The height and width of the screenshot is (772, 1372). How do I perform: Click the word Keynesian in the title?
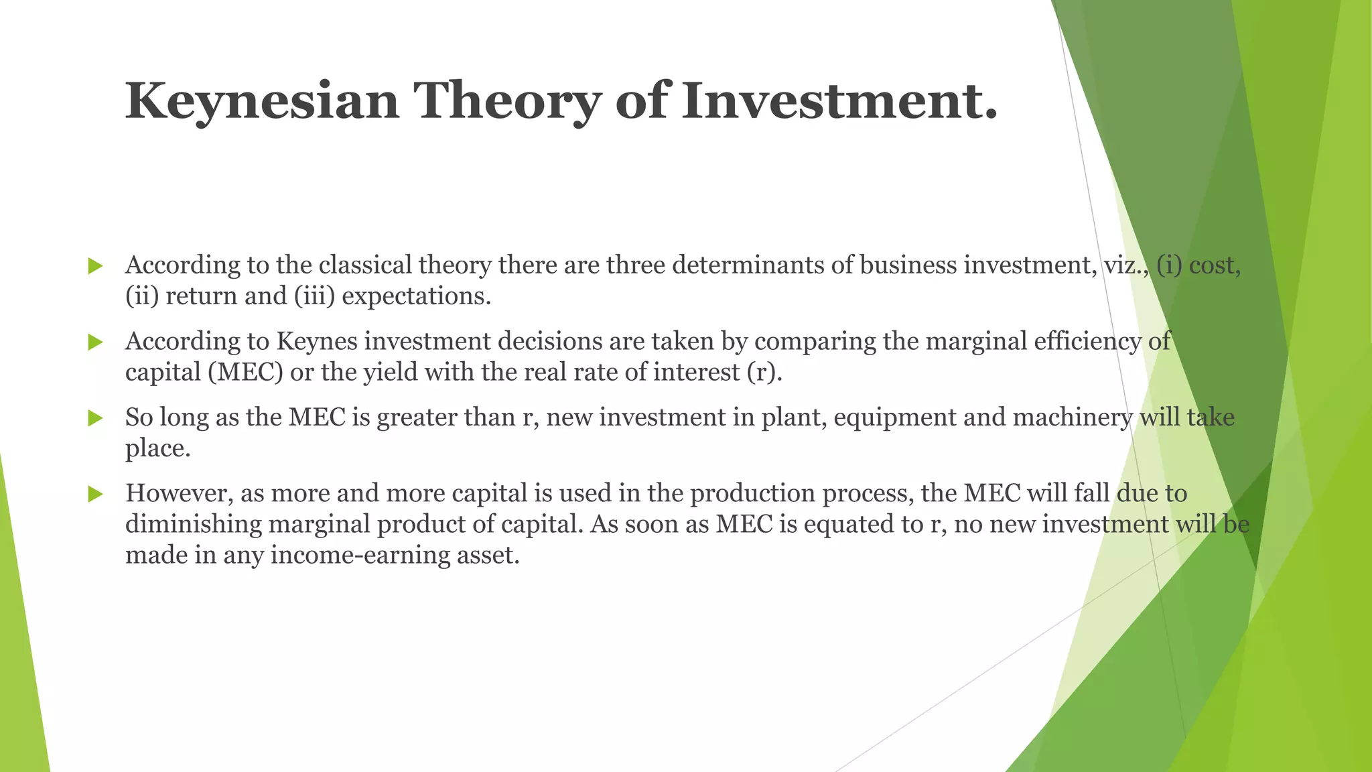[262, 101]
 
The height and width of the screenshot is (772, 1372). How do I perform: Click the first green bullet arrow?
[95, 266]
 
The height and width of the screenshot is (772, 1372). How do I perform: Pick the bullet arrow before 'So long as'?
[95, 419]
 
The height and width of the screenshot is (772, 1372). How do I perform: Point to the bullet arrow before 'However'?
[95, 495]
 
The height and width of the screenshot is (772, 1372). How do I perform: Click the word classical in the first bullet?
[365, 265]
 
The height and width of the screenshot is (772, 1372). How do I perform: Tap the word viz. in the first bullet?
[1126, 265]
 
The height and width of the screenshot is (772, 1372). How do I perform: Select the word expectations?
[416, 296]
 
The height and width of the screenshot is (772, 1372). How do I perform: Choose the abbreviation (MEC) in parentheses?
[246, 373]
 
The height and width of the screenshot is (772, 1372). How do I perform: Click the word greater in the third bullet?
[417, 417]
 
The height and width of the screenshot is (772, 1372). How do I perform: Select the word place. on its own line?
[158, 449]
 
